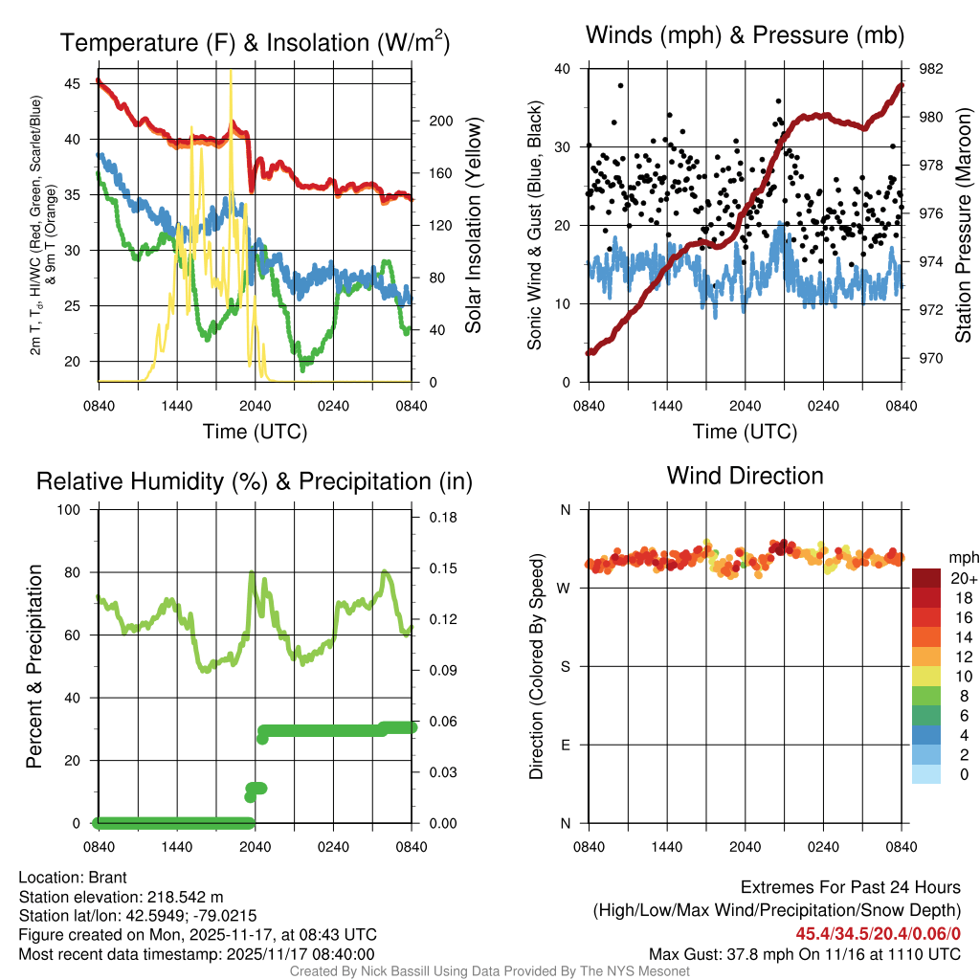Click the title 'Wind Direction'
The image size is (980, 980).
coord(745,476)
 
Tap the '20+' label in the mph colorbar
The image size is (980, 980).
coord(962,579)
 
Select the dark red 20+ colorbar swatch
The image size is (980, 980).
coord(926,578)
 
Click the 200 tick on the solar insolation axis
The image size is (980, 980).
coord(440,121)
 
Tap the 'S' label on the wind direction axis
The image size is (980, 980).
coord(565,666)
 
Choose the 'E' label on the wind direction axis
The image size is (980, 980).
coord(565,745)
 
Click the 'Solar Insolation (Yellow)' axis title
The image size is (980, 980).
coord(473,225)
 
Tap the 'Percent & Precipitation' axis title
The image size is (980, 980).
coord(33,666)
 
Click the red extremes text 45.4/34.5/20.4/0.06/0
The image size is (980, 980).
coord(878,932)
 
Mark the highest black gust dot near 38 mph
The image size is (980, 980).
coord(621,85)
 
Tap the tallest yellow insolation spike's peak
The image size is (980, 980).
coord(231,71)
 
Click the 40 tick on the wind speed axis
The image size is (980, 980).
coord(564,69)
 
